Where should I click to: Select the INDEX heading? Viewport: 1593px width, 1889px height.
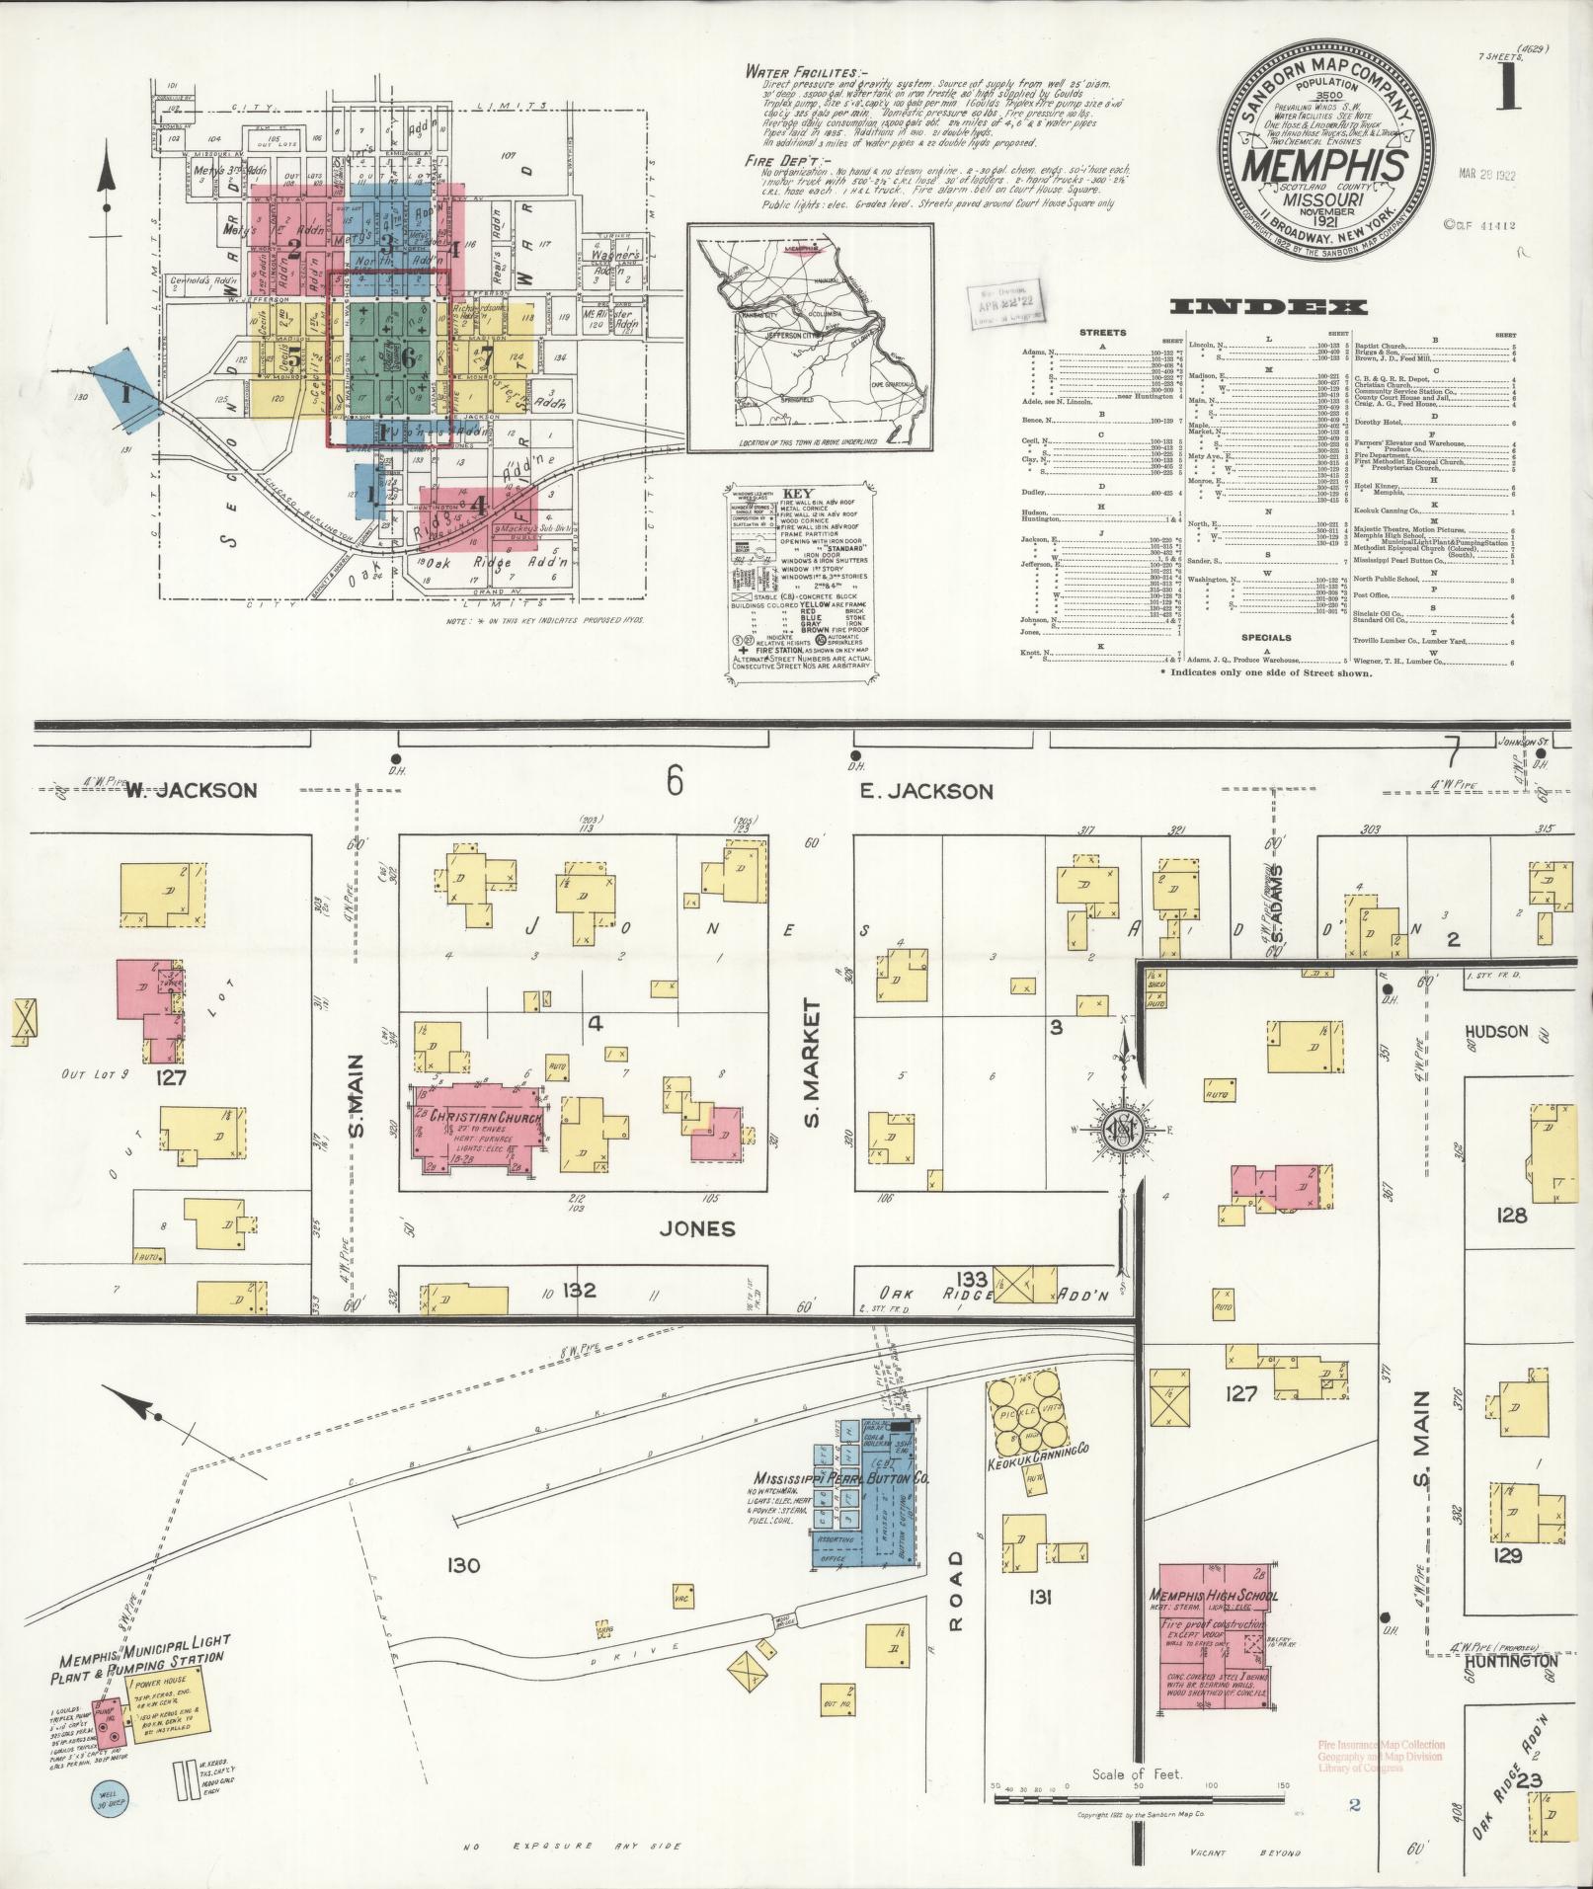(x=1268, y=307)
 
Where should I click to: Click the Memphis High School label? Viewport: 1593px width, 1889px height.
(x=1213, y=1596)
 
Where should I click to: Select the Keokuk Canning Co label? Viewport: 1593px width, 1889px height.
(x=1037, y=1450)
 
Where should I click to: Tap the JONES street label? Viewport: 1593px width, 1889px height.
(x=698, y=1228)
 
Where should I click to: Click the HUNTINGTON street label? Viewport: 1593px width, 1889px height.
(x=1511, y=1661)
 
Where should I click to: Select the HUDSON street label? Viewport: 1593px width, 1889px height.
(x=1495, y=1032)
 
